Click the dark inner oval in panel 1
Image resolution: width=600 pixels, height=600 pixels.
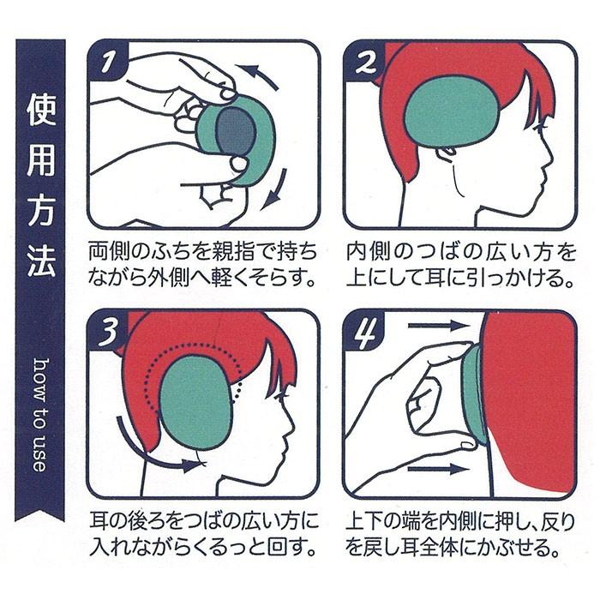click(x=234, y=134)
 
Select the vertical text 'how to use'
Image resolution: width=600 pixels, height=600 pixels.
click(x=39, y=411)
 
